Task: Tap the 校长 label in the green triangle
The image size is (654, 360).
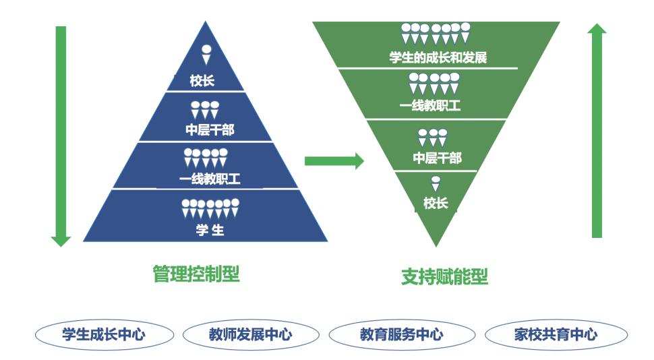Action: click(x=436, y=203)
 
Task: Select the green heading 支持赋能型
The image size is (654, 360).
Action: click(x=444, y=276)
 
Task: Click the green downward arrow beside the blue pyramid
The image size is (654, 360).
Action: click(x=61, y=135)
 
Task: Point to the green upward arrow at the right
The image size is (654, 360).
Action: click(x=597, y=131)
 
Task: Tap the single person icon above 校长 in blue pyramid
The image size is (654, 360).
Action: click(x=206, y=54)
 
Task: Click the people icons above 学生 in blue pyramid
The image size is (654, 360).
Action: click(x=210, y=208)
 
